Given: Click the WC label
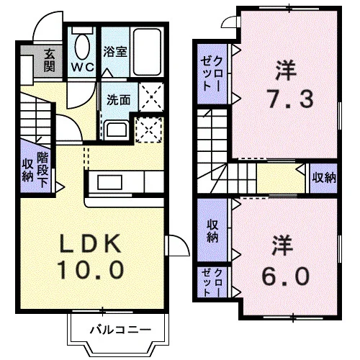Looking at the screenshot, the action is point(83,68).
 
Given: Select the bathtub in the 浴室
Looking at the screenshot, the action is point(147,52).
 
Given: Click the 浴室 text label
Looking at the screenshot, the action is point(115,51).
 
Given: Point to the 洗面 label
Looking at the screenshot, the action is point(119,99).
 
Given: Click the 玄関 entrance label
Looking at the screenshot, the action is point(50,60).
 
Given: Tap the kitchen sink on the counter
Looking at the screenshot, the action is point(110,182).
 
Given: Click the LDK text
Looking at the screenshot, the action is point(90,243).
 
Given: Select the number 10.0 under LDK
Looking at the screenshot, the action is point(90,270).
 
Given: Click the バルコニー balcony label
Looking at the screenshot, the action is point(120,330).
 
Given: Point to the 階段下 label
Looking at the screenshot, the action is point(42,170).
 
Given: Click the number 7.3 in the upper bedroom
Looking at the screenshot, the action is point(291,99).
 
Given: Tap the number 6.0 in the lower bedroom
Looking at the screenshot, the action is point(286,276).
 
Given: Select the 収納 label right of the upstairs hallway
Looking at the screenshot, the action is point(324,178).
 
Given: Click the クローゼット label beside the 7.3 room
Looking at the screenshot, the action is point(212,73).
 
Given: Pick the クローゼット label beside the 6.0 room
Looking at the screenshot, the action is point(212,282).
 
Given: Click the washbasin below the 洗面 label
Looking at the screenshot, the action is point(117,129).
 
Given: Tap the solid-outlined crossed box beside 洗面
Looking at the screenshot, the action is point(151,97).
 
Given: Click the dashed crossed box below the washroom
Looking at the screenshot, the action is point(149,130).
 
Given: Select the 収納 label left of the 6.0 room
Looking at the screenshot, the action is point(212,231).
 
